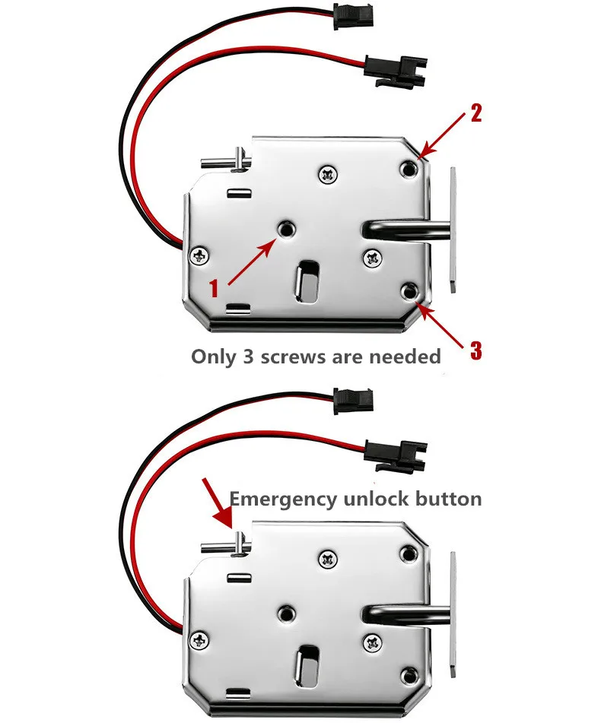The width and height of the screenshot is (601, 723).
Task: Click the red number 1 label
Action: pos(215,289)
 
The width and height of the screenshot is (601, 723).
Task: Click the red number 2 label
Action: pos(476,115)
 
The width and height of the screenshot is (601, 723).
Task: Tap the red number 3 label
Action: pos(475,350)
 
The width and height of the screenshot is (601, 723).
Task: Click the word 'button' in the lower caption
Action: pos(450,499)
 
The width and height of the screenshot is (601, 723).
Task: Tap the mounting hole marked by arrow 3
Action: pos(410,290)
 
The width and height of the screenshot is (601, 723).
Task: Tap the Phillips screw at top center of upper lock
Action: pos(329,174)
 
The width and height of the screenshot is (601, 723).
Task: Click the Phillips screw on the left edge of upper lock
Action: pos(201,255)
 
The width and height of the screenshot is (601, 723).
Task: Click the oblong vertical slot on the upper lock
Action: pos(308,279)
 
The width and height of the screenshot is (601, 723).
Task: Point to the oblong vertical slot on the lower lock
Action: pos(308,661)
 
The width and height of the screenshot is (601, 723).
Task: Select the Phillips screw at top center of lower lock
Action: pos(329,558)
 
